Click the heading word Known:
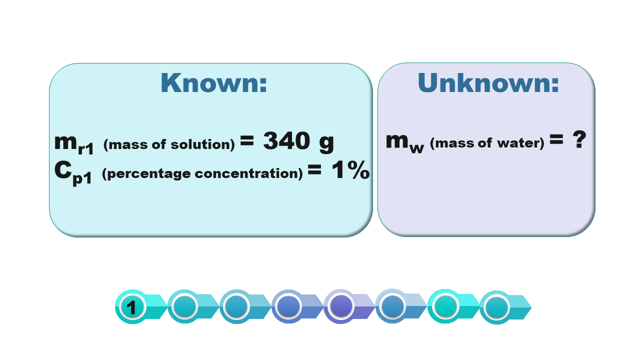[213, 83]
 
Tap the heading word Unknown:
[488, 82]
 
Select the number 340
[286, 140]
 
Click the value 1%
[350, 170]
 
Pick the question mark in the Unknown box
[579, 139]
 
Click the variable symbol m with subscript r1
[74, 144]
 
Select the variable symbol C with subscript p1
[73, 173]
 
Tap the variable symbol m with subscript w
[405, 143]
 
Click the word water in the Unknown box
[518, 143]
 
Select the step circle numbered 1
[132, 307]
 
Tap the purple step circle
[340, 306]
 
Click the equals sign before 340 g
[247, 140]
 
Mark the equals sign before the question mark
[556, 139]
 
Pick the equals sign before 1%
[314, 169]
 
